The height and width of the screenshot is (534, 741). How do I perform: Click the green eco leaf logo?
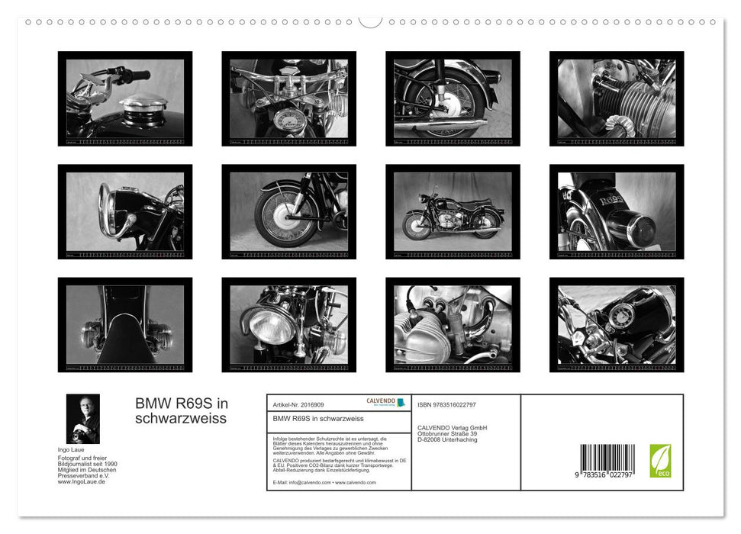660,461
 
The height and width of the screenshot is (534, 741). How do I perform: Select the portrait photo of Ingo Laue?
82,419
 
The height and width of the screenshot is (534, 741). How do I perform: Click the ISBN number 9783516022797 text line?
446,404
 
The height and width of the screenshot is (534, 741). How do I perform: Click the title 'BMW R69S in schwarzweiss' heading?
182,411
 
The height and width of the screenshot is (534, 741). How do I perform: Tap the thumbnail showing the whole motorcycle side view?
453,212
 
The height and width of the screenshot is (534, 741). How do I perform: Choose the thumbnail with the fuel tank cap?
125,98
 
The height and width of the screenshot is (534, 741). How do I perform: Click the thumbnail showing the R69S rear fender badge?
617,212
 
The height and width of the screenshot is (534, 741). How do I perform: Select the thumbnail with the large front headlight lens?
288,325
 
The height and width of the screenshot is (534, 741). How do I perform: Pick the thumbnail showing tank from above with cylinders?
125,325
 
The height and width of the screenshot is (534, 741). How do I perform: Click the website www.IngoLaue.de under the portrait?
82,481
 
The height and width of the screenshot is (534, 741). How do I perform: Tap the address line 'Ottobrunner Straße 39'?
447,433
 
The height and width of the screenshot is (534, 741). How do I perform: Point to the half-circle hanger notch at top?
370,21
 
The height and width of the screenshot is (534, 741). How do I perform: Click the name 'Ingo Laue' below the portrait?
70,451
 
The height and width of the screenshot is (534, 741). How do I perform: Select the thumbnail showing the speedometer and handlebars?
288,98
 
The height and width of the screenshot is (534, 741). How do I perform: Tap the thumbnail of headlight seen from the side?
125,212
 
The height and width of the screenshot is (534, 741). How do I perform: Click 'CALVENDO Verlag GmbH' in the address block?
452,427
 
